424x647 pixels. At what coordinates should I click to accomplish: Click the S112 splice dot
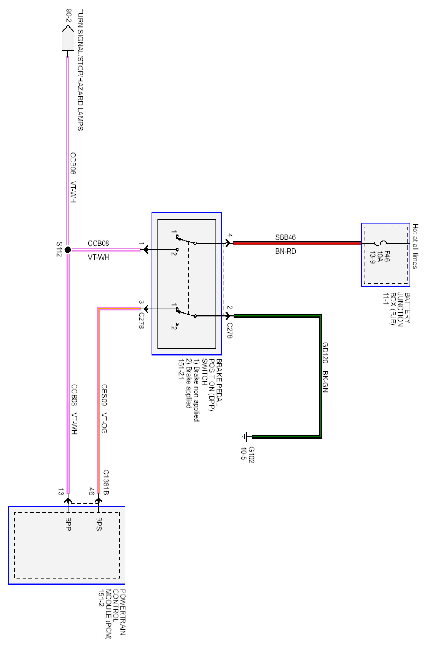coord(68,250)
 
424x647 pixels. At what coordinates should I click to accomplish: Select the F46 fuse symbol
coord(380,243)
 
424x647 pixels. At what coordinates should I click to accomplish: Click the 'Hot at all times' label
coord(415,246)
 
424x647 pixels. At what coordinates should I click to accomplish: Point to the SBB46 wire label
coord(285,237)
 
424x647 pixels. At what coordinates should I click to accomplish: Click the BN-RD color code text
coord(285,251)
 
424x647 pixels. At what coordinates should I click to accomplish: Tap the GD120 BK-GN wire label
coord(325,367)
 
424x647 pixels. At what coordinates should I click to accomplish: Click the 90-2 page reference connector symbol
coord(68,38)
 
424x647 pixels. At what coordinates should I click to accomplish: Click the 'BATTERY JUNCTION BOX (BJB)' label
coord(400,308)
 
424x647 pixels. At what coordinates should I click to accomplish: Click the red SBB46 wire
coord(296,243)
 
